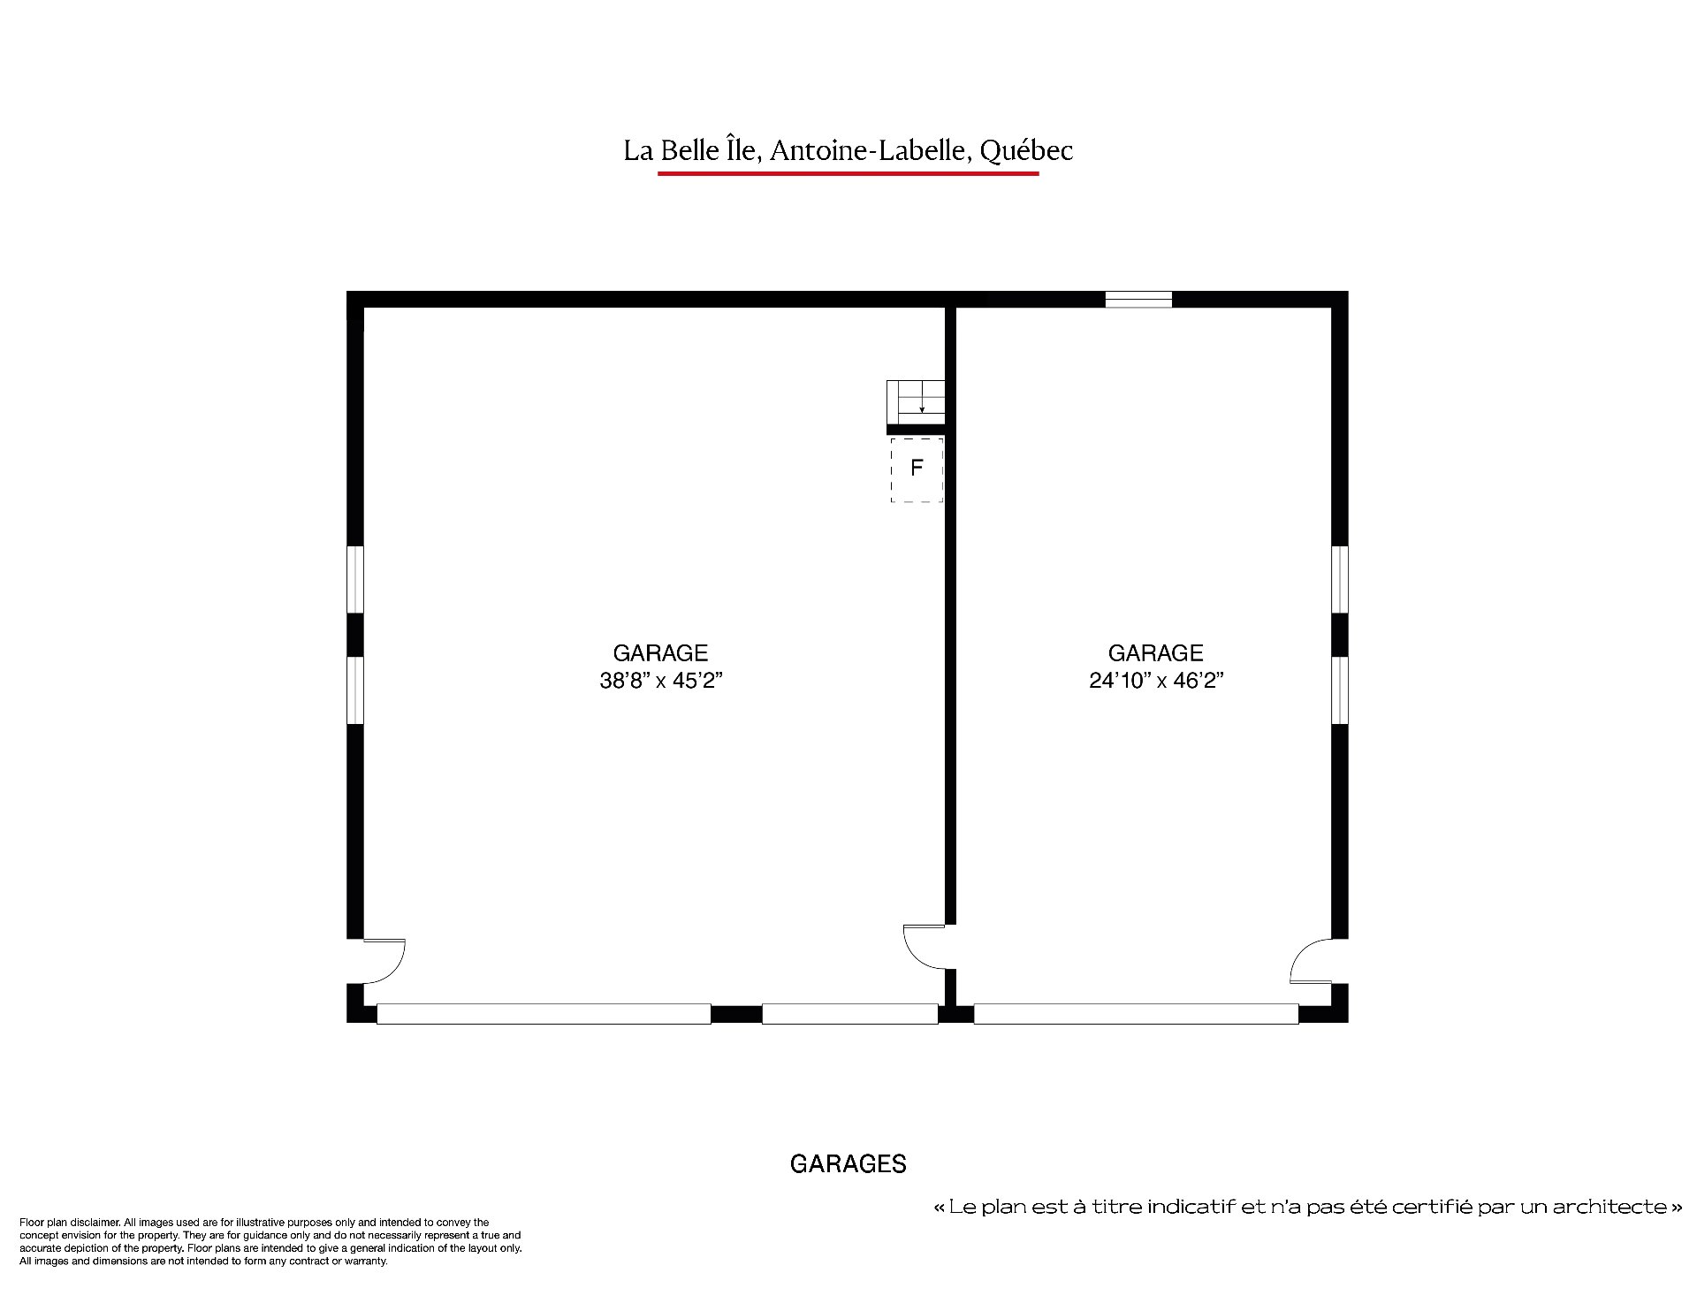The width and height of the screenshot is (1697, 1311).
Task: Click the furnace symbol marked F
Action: coord(917,469)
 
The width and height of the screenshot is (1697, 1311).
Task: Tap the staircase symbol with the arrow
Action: coord(916,402)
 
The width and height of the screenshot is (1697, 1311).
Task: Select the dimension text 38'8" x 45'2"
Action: coord(661,681)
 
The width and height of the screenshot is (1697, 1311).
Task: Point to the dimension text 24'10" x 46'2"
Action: coord(1156,681)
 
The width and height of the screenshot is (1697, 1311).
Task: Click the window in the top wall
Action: coord(1138,300)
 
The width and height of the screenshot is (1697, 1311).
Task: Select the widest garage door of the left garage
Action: coord(544,1014)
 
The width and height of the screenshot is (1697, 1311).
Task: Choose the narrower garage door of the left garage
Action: coord(849,1014)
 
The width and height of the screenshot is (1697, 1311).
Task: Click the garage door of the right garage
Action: coord(1136,1014)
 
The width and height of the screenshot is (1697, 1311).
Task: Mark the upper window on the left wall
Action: coord(355,579)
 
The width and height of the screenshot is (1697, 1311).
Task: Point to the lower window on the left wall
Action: coord(355,690)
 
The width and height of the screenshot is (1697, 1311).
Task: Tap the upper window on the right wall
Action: coord(1340,579)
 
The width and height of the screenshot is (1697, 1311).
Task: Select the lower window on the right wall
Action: coord(1340,690)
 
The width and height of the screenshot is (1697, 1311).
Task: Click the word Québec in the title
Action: coord(1026,151)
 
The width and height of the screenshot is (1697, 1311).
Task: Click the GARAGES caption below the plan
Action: coord(848,1164)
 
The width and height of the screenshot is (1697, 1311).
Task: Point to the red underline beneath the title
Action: coord(848,173)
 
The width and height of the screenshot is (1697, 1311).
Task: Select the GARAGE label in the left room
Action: coord(661,653)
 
